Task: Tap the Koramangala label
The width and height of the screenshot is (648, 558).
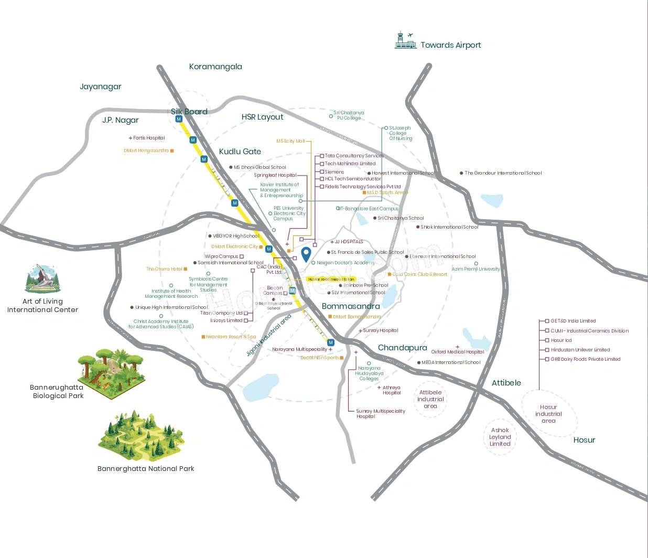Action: pos(215,67)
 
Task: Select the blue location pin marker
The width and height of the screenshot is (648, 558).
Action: pos(306,255)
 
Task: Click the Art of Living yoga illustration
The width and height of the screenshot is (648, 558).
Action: pos(42,279)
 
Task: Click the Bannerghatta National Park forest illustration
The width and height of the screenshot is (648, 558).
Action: pos(141,436)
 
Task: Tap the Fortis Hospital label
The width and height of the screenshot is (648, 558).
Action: pos(149,138)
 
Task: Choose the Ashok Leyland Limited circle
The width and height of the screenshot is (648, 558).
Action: pos(500,437)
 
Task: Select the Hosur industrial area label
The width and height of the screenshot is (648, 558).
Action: pos(548,414)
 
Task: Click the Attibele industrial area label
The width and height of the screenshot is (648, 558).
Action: pos(430,399)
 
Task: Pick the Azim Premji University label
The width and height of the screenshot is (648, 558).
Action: pos(476,269)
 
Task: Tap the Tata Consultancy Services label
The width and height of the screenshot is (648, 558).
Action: pos(354,156)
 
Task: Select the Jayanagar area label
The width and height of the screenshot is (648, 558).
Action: pos(101,87)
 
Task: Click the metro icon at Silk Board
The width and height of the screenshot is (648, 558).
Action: pos(179,119)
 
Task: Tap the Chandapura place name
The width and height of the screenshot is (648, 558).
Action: pos(402,348)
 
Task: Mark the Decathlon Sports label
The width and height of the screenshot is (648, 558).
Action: pos(319,358)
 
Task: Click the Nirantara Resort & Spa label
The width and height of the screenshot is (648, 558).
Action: pos(231,337)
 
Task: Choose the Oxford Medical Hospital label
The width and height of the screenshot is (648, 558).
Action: pos(458,352)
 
